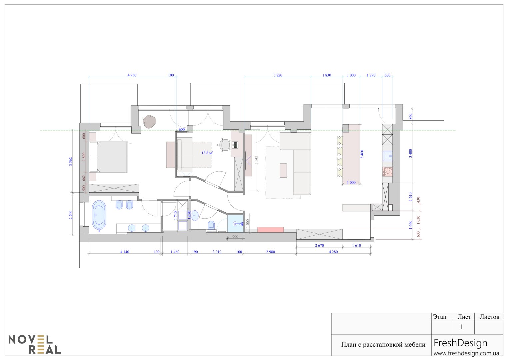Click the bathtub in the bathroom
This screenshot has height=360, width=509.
point(99,216)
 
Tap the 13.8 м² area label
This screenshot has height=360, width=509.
point(207,153)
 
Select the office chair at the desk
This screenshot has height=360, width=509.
point(225,145)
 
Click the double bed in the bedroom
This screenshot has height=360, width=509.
point(109,157)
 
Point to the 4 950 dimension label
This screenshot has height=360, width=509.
point(132,75)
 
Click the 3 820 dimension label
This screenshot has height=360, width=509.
point(278,75)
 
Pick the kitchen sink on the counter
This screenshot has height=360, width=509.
point(387,156)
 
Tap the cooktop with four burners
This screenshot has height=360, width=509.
point(387,171)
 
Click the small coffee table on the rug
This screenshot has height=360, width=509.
point(283,170)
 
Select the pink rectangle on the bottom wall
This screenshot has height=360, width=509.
point(270,230)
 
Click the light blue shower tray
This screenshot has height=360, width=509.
point(235,224)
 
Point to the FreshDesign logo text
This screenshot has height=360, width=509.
point(460,343)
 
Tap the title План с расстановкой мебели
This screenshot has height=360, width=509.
point(383,345)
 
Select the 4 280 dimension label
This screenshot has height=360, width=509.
point(333,252)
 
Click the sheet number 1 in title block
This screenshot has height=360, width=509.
point(461,327)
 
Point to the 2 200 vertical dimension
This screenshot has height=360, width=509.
point(71,215)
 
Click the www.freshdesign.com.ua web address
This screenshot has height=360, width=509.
point(466,353)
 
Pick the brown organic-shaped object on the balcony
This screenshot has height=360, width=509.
point(149,122)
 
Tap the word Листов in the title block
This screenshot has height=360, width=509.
point(489,317)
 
